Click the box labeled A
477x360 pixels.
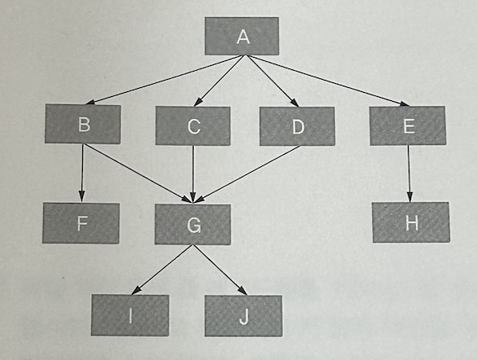point(242,36)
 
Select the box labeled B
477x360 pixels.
point(83,124)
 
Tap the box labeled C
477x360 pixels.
point(193,125)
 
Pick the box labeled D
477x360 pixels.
point(297,126)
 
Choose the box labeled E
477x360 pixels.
point(408,125)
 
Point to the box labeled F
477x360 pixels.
point(81,223)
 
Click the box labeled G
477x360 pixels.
point(193,224)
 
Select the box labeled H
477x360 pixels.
point(411,222)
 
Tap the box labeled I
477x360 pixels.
point(130,315)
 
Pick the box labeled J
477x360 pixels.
point(243,316)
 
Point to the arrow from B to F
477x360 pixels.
point(82,173)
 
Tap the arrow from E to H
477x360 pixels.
point(409,173)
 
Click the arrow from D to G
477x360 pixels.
point(247,173)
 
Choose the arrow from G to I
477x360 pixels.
point(162,270)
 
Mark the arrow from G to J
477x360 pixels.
point(220,270)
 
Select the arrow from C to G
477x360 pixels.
point(193,173)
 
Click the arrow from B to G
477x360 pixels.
point(138,173)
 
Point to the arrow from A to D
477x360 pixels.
point(271,81)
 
